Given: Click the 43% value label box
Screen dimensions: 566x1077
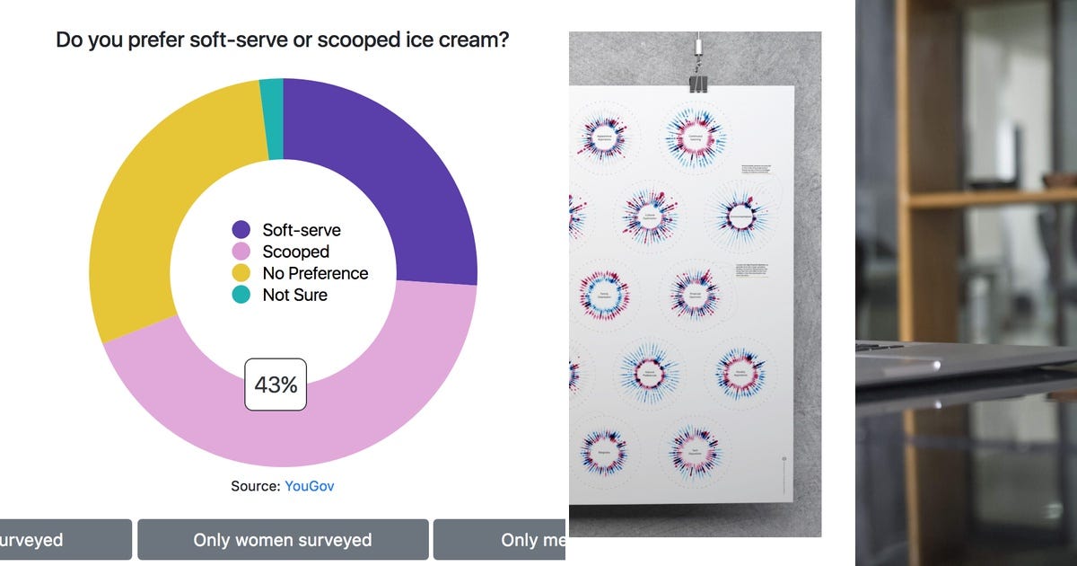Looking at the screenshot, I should tap(276, 385).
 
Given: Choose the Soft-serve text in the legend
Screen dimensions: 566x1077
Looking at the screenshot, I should tap(302, 230).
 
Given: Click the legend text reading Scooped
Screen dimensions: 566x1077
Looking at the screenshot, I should tap(295, 252).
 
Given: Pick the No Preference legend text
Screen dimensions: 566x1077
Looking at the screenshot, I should tap(315, 273).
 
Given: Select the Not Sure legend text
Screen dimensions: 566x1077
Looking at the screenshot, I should tap(294, 295).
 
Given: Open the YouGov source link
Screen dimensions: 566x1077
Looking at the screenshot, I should tap(309, 486).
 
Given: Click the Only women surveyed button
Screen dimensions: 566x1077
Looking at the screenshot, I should tap(282, 539).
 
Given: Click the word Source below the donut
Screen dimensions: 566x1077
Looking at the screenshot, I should tap(255, 486).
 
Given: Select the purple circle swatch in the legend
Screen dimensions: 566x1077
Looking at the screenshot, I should tap(241, 230).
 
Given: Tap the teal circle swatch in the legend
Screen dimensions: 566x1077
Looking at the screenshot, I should tap(241, 295).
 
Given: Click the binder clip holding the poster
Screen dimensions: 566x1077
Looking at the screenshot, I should tap(698, 82).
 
